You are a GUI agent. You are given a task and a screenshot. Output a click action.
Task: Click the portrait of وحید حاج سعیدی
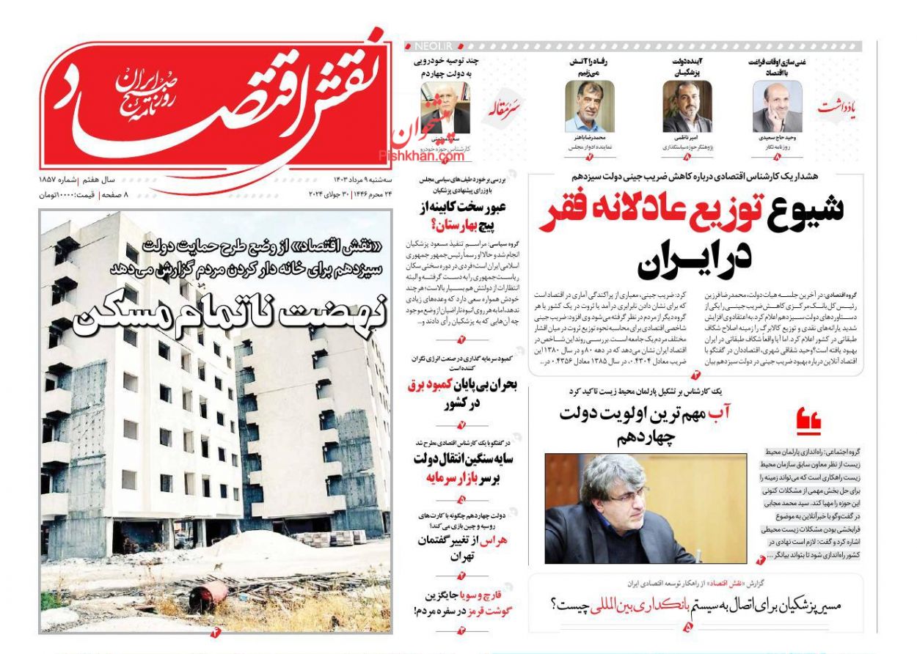[x=777, y=107]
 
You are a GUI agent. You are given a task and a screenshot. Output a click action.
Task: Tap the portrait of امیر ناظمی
[x=687, y=107]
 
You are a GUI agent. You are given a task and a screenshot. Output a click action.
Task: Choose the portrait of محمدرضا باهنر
[x=589, y=107]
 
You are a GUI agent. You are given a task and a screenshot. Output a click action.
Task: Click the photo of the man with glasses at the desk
[x=646, y=508]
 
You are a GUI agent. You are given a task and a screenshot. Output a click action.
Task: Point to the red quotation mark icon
[x=808, y=422]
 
